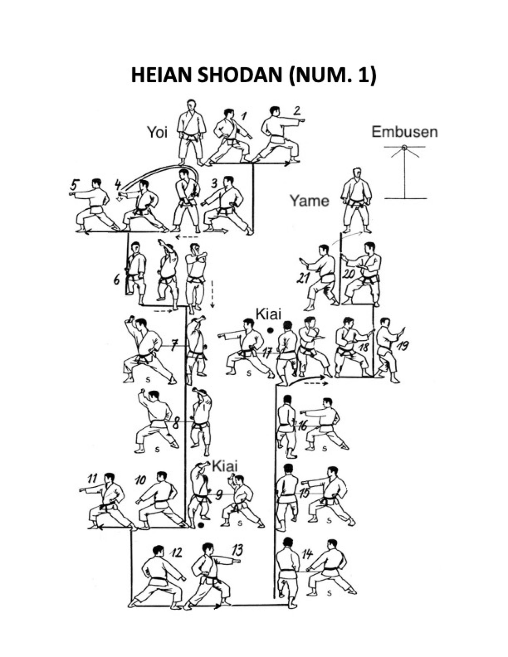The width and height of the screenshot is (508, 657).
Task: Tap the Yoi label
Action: [x=157, y=132]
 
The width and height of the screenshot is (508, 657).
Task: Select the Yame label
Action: [x=309, y=200]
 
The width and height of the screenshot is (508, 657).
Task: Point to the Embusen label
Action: [x=404, y=132]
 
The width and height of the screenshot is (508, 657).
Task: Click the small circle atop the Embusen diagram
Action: [x=405, y=147]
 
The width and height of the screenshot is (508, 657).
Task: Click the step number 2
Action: [x=297, y=111]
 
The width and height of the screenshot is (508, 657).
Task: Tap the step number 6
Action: [x=117, y=280]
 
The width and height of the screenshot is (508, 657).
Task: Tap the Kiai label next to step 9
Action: [x=225, y=466]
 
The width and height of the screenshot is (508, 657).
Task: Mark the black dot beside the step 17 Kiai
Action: [x=270, y=330]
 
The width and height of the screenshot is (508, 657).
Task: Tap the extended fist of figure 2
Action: [x=302, y=121]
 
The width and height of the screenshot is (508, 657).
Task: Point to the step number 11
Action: [x=93, y=478]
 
